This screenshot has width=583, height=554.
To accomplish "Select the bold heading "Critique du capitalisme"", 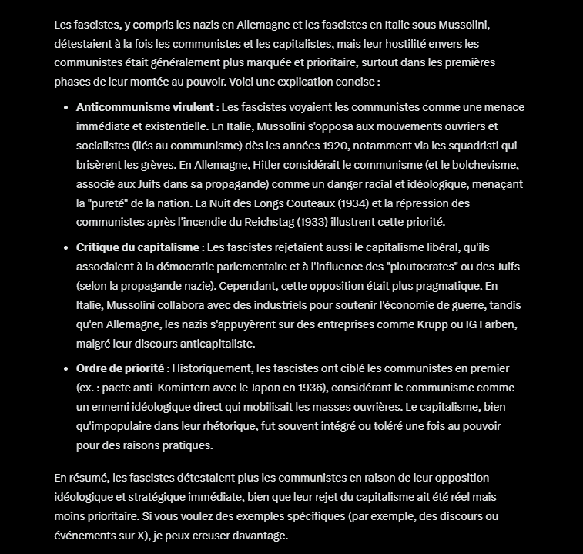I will click(138, 247).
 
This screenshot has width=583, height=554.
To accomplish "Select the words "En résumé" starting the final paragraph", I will click(79, 478).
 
